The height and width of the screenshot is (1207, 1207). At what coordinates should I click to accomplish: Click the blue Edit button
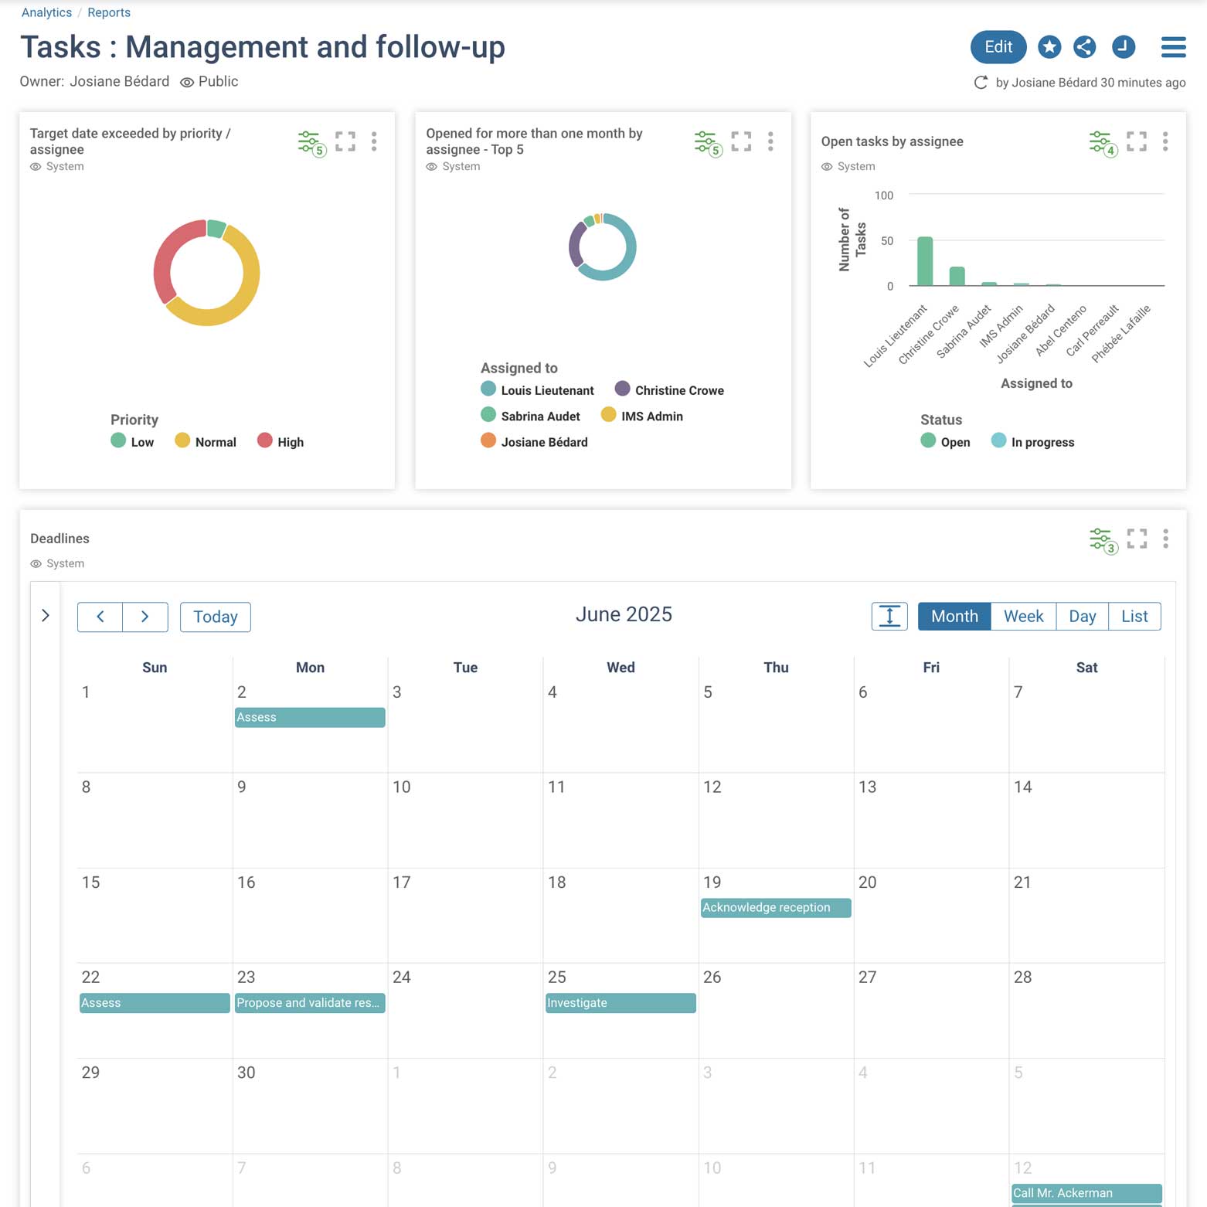pyautogui.click(x=998, y=47)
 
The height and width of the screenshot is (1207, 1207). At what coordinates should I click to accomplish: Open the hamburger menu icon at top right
pyautogui.click(x=1173, y=47)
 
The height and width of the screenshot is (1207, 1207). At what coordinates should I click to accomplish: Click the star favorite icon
pyautogui.click(x=1049, y=47)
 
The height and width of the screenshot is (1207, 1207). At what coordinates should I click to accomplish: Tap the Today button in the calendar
pyautogui.click(x=215, y=617)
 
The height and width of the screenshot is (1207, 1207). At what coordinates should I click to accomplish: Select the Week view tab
pyautogui.click(x=1023, y=616)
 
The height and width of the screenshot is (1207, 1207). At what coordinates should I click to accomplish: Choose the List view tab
pyautogui.click(x=1134, y=616)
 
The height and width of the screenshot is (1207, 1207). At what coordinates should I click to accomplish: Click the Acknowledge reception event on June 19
pyautogui.click(x=775, y=907)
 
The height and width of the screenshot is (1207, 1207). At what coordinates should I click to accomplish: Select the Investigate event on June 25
pyautogui.click(x=620, y=1002)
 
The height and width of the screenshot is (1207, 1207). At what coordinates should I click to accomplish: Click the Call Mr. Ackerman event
pyautogui.click(x=1086, y=1192)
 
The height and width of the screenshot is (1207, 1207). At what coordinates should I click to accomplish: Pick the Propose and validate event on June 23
pyautogui.click(x=309, y=1002)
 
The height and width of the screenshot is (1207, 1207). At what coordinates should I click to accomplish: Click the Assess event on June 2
pyautogui.click(x=309, y=717)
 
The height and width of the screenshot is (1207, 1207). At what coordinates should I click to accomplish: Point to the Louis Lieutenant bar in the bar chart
pyautogui.click(x=924, y=262)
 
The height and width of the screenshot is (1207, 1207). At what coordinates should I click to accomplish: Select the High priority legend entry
pyautogui.click(x=281, y=441)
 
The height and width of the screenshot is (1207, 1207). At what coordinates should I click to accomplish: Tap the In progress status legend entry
pyautogui.click(x=1033, y=441)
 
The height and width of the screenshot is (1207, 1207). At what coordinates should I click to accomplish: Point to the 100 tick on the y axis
pyautogui.click(x=883, y=195)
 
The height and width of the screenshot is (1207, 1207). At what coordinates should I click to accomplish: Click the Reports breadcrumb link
pyautogui.click(x=109, y=12)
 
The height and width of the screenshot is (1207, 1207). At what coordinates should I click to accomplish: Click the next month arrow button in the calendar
pyautogui.click(x=144, y=617)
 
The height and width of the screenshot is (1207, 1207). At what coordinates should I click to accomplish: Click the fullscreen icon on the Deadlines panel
pyautogui.click(x=1136, y=538)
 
